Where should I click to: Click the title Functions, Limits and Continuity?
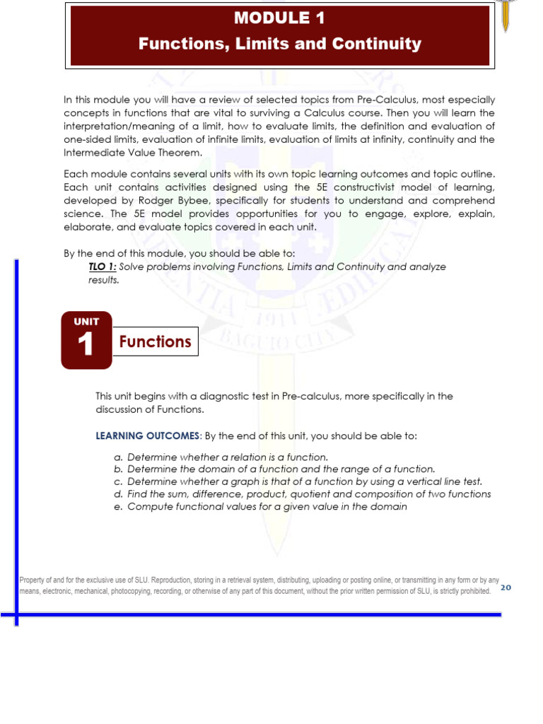[x=279, y=44]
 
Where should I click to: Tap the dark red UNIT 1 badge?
[x=86, y=340]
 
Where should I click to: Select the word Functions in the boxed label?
[x=156, y=342]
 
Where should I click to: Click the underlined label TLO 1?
[x=98, y=267]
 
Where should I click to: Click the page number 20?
[x=506, y=587]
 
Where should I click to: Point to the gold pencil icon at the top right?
[x=505, y=14]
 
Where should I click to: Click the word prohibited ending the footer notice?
[x=472, y=591]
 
